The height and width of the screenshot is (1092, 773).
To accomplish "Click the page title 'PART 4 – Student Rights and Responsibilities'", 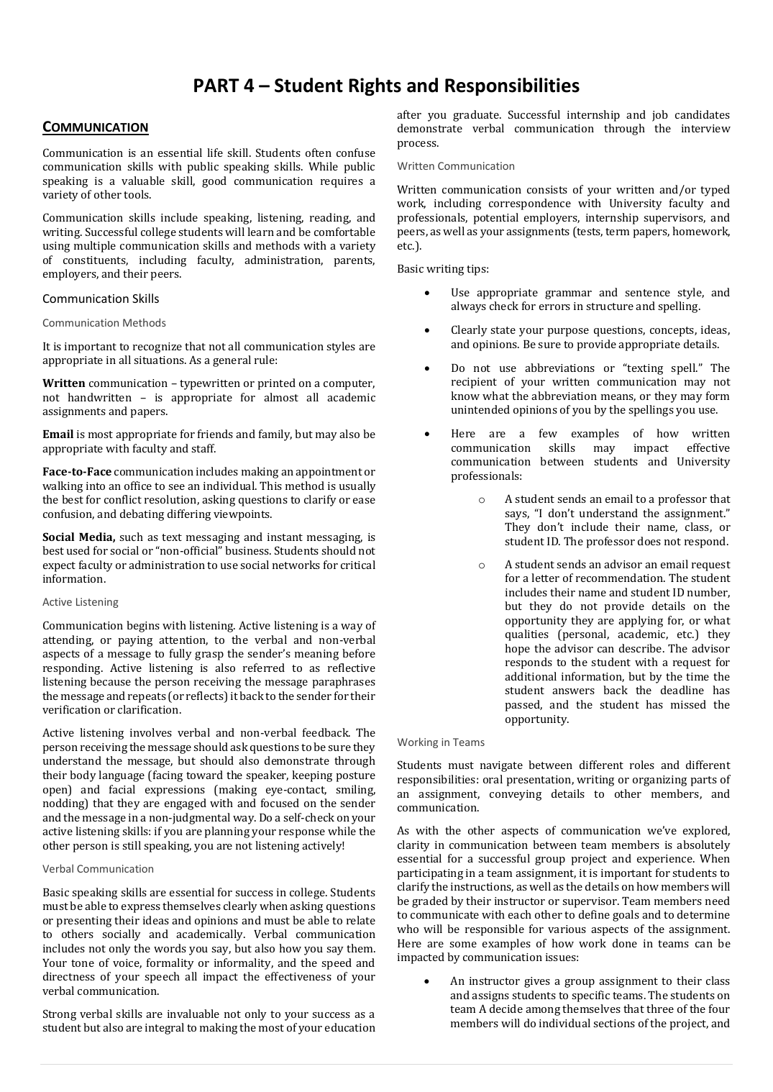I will (x=386, y=86).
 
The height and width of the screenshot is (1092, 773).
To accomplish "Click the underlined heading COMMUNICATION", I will (x=95, y=127).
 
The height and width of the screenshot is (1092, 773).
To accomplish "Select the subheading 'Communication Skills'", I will (x=101, y=299).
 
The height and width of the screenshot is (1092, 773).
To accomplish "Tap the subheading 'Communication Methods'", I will (x=104, y=323).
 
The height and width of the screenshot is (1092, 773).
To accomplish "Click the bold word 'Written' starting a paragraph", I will (x=63, y=383).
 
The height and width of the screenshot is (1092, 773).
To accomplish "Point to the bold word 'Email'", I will (x=58, y=434).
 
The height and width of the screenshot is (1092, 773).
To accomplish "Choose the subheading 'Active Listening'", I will (x=81, y=602).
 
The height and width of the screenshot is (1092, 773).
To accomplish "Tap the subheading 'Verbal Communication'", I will (x=98, y=869).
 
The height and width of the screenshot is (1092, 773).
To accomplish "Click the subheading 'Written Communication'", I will (x=456, y=166).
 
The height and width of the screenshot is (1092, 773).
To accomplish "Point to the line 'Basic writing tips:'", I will (x=443, y=269).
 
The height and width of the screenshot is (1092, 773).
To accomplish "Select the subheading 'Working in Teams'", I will (x=441, y=742).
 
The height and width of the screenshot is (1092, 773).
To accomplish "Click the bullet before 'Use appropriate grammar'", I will (x=428, y=293).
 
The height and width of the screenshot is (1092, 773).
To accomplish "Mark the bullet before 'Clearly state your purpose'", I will (x=428, y=330).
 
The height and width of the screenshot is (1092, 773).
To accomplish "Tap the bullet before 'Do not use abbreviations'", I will (x=428, y=368).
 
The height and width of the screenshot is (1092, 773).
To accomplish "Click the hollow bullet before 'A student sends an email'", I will (x=481, y=499).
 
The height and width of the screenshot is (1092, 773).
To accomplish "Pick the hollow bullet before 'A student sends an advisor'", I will (x=481, y=565).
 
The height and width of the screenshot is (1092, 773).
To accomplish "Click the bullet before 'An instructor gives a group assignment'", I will (x=428, y=981).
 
